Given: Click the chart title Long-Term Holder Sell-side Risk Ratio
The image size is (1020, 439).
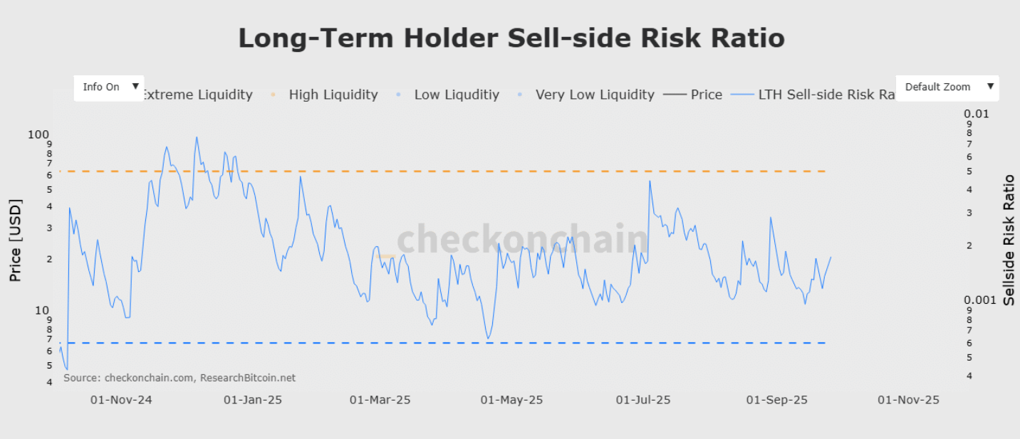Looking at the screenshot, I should tap(511, 38).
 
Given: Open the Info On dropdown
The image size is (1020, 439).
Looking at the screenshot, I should tap(109, 87).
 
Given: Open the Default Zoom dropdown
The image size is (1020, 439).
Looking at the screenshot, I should tap(947, 87).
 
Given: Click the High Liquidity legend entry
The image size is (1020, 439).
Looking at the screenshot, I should tap(333, 95).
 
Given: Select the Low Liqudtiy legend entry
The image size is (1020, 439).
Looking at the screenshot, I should tap(457, 95).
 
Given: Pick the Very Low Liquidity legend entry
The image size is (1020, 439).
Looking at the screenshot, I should tap(594, 95).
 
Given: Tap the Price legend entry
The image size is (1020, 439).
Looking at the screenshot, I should tap(706, 95).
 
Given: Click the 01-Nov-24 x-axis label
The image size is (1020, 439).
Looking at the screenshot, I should tap(121, 400).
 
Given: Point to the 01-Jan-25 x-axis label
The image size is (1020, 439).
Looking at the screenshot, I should tap(252, 400).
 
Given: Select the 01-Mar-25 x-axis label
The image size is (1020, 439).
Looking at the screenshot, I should tap(380, 400).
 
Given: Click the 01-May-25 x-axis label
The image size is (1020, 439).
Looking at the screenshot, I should tap(511, 400).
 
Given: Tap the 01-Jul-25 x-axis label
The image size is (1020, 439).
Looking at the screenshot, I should tap(642, 400).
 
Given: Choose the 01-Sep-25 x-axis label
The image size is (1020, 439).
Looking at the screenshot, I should tap(776, 400).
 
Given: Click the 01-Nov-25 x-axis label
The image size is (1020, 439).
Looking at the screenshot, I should tap(908, 400).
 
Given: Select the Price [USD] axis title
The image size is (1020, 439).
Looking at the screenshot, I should tap(16, 240).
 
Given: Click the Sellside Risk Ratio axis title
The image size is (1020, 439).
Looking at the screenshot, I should tap(1009, 240).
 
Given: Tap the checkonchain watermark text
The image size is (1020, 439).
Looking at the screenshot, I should tap(522, 239).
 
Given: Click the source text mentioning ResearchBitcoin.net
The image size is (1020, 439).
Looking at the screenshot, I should tap(179, 378).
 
